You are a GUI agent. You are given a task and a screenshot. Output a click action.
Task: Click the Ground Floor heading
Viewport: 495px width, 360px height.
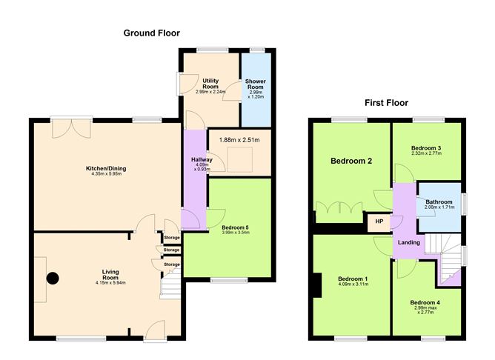click(151, 33)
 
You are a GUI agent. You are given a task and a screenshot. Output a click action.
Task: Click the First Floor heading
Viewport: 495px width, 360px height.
click(385, 103)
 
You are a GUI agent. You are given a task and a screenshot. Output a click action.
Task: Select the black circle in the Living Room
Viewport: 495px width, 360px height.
click(53, 279)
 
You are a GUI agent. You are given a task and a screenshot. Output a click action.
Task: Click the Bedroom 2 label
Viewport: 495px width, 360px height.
click(351, 161)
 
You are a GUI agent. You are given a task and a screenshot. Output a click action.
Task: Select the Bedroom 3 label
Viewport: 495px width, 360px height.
click(426, 149)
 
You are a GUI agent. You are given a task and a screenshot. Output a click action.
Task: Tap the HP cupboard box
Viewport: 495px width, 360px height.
click(379, 221)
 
